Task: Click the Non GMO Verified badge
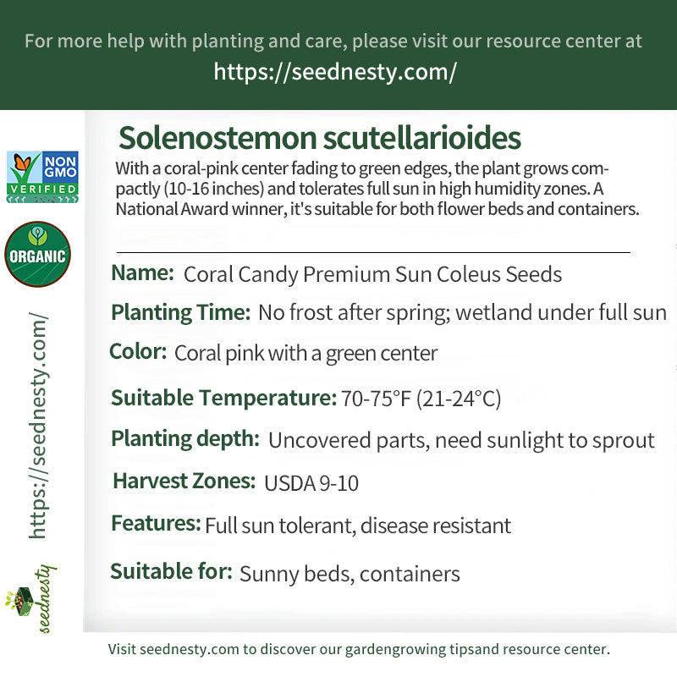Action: (42, 177)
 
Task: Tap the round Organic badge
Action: (37, 255)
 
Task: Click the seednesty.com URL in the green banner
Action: (335, 72)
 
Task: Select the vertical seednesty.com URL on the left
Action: (38, 426)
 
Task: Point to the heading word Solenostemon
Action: (217, 138)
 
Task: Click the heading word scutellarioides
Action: (421, 138)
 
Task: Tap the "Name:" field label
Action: (142, 272)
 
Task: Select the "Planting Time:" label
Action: (181, 312)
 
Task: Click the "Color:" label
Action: (138, 351)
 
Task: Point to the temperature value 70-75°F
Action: (376, 398)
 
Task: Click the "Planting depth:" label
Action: (185, 439)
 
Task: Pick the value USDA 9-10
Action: (311, 483)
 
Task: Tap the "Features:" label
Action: (156, 523)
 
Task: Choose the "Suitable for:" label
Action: (172, 571)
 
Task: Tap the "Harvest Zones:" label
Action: (184, 481)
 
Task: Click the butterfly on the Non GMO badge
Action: (23, 162)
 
